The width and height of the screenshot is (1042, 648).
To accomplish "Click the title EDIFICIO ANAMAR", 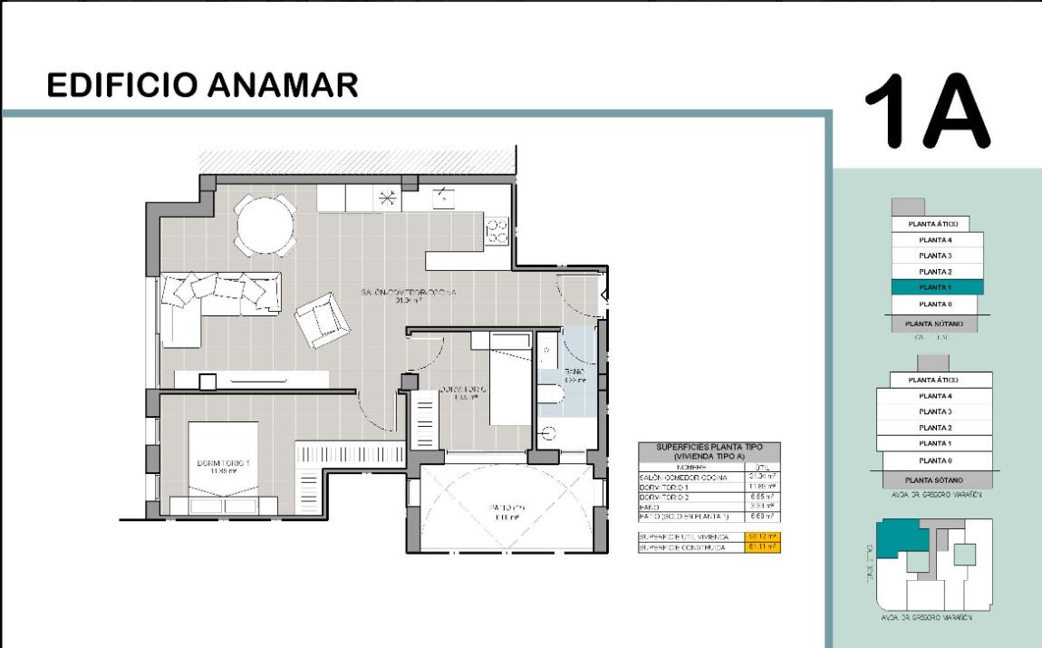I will tap(202, 85).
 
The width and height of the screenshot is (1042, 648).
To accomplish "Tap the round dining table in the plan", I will tap(265, 227).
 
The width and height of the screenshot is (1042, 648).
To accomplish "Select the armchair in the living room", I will tap(321, 319).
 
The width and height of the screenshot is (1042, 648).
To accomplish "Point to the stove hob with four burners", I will tap(497, 232).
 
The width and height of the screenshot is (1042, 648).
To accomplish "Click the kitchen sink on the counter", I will tap(444, 197).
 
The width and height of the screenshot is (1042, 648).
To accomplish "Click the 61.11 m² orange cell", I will tap(761, 547).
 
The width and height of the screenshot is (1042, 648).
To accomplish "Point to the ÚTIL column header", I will tap(761, 468).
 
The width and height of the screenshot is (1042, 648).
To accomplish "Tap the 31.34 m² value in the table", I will tap(761, 478).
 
